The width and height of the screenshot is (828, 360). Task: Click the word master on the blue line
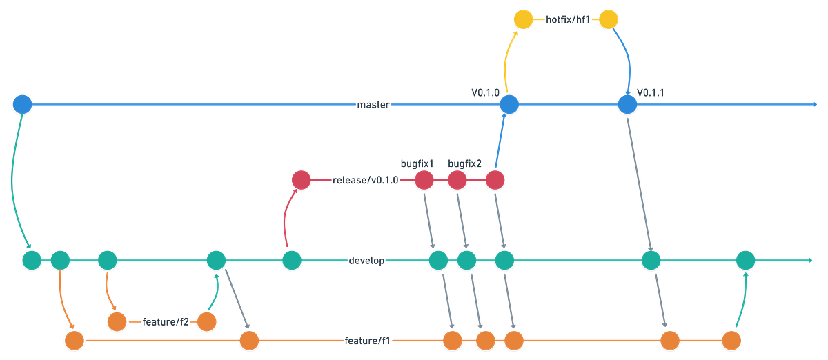coord(374,105)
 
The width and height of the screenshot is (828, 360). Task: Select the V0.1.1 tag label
coord(649,92)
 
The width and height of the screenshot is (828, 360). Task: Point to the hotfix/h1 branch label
coord(566,19)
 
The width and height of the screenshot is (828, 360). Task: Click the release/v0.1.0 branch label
coord(364,180)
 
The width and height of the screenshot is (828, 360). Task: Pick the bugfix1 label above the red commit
coord(417,163)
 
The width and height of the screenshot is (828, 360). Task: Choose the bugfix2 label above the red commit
coord(464,163)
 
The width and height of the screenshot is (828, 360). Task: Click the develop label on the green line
coord(366,261)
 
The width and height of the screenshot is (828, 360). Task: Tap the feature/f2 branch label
coord(165,321)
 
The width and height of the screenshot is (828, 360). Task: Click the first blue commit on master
coord(22,104)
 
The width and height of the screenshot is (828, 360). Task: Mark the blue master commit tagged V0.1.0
coord(509,104)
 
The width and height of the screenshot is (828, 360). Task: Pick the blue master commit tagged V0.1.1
coord(627,104)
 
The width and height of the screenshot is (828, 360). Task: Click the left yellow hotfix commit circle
coord(523,19)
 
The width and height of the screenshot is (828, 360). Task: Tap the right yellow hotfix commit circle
coord(608,19)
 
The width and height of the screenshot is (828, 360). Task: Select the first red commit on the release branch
coord(302,180)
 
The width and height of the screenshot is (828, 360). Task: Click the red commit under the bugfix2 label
coord(457,180)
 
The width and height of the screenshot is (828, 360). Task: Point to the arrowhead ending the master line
coord(814,105)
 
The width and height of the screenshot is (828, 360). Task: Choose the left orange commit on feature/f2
coord(117,321)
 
